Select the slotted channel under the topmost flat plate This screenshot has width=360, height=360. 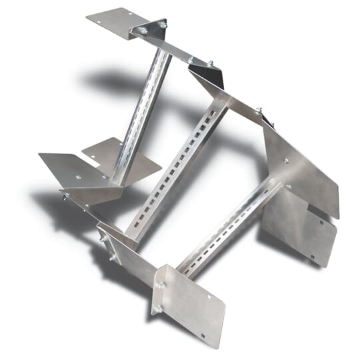click(143, 113)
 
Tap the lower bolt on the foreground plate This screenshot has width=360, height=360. click(158, 308)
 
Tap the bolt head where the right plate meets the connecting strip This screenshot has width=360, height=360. click(259, 110)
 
